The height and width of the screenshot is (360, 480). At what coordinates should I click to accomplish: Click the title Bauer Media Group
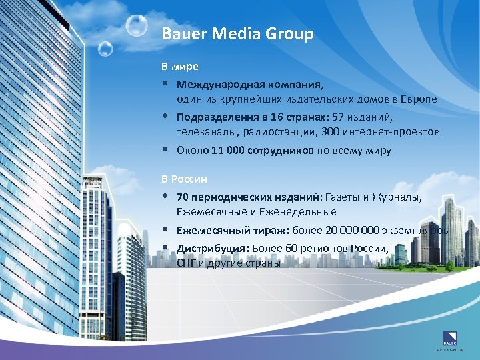(237, 35)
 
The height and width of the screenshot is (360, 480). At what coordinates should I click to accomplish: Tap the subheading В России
(185, 179)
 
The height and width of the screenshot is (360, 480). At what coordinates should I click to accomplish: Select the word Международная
(214, 85)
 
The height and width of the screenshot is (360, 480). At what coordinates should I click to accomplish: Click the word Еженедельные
(304, 212)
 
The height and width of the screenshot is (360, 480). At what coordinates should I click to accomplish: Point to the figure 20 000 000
(352, 231)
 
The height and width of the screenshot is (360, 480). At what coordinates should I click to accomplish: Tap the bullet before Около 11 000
(164, 149)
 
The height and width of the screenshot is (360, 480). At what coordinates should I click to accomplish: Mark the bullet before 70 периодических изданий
(164, 197)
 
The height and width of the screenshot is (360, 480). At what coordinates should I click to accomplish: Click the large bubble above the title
(137, 26)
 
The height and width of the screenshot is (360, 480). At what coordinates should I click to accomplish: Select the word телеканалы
(204, 132)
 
